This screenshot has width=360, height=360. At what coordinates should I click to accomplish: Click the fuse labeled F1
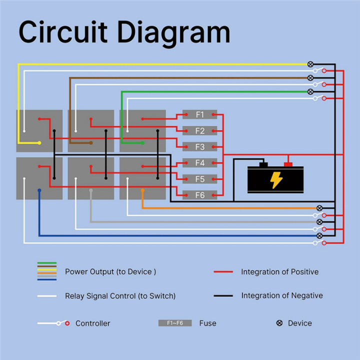click(200, 115)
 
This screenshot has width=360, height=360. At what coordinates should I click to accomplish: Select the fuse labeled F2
click(200, 131)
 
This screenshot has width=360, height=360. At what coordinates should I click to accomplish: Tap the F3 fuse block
click(200, 147)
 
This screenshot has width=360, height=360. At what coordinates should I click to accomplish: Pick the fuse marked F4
click(200, 163)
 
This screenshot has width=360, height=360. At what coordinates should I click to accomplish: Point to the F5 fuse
click(200, 179)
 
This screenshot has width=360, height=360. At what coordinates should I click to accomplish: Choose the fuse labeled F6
click(200, 195)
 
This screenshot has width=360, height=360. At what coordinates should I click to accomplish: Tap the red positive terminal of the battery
click(288, 164)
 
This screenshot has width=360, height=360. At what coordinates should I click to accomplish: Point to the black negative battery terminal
click(263, 164)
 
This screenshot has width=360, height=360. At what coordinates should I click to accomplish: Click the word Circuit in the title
click(62, 32)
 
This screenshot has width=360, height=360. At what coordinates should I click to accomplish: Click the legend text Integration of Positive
click(279, 272)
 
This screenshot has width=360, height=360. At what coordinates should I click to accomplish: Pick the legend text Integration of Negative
click(281, 295)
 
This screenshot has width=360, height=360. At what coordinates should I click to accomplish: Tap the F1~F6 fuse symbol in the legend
click(175, 323)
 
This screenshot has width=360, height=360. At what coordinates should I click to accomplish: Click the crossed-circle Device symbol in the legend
click(279, 323)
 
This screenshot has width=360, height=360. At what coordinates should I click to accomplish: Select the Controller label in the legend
click(92, 323)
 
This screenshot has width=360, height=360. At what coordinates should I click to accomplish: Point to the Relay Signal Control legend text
click(120, 296)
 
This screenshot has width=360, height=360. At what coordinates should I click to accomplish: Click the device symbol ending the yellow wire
click(310, 64)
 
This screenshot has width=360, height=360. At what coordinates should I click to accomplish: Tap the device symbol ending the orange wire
click(319, 207)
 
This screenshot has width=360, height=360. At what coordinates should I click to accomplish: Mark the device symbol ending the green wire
click(310, 91)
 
